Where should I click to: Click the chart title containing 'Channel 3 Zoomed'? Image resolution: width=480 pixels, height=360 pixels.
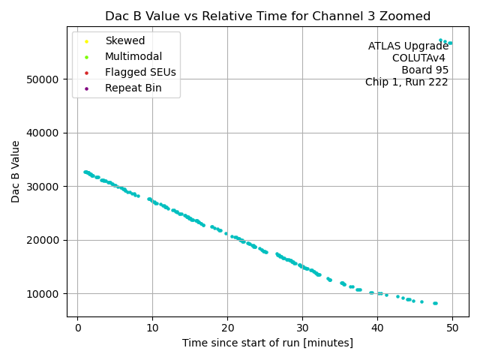pos(268,16)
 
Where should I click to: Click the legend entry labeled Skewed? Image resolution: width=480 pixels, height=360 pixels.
pos(124,40)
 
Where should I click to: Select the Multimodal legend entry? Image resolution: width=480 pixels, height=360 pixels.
pos(133,56)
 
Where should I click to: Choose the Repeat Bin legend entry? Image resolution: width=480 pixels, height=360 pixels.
pos(133,88)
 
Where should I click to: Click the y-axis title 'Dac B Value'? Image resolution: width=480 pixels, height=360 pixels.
pos(16,172)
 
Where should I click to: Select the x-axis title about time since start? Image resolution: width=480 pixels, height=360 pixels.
pos(268,343)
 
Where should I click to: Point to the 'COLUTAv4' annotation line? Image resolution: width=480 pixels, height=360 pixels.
pos(420,58)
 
